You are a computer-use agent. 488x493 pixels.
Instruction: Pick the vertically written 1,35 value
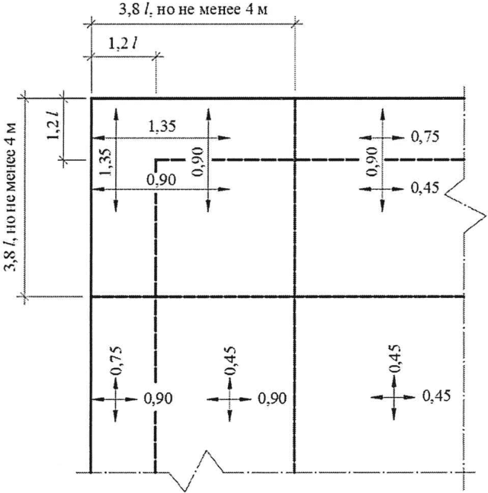(x=104, y=161)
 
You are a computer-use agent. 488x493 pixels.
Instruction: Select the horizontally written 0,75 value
(x=425, y=137)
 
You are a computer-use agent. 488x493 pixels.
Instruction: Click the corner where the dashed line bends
(x=156, y=160)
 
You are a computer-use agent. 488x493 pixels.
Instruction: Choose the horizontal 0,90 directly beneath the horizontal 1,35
(x=160, y=180)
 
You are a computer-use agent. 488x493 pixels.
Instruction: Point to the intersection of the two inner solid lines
(x=295, y=296)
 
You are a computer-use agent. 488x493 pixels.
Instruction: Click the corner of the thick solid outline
(x=91, y=99)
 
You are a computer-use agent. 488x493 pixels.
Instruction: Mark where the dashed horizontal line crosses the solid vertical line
(x=295, y=160)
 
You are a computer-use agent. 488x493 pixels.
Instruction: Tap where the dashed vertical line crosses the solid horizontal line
(x=156, y=296)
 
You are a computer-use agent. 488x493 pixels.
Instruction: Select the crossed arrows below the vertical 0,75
(x=115, y=398)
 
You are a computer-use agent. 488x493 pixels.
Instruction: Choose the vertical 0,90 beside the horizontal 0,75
(x=371, y=162)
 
